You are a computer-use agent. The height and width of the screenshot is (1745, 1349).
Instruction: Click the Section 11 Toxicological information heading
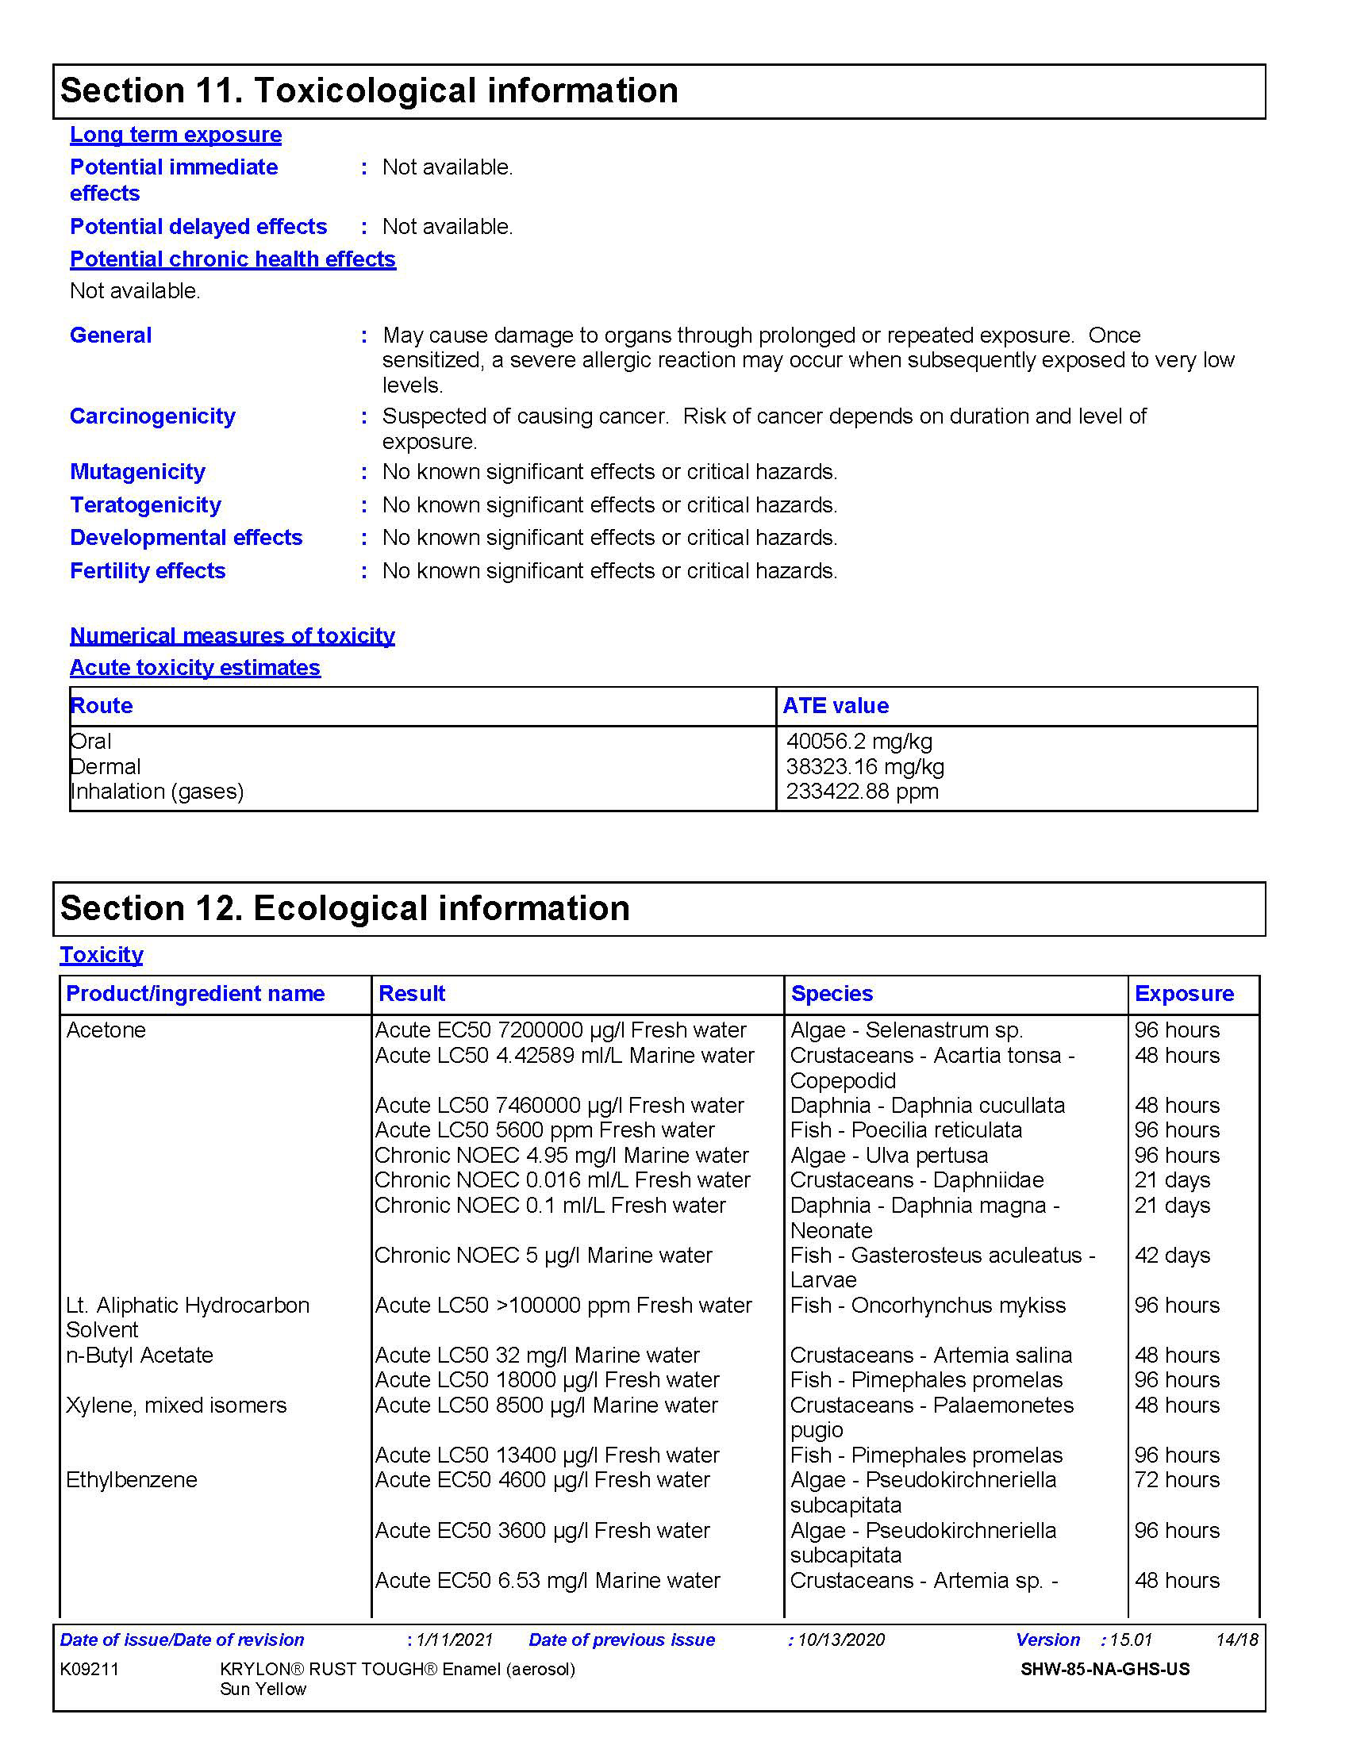(369, 90)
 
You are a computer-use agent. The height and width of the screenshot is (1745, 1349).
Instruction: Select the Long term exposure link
(176, 134)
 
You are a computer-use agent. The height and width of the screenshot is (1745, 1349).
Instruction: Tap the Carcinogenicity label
(152, 416)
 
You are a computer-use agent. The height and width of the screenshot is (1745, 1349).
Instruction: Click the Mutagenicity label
(137, 471)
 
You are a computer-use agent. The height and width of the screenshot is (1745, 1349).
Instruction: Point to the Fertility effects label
(148, 570)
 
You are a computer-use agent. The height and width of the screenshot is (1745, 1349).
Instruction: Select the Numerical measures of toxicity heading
(233, 635)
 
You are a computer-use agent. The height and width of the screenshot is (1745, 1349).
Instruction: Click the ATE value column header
(836, 705)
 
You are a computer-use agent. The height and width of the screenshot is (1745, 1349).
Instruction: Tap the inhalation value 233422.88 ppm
(863, 791)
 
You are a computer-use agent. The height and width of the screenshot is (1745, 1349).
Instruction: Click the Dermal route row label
(106, 767)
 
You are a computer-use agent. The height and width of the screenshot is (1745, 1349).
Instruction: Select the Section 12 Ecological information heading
(345, 908)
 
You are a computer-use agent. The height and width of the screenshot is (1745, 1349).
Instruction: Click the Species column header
(832, 993)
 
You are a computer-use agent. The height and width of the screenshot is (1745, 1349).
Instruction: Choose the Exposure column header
(1185, 993)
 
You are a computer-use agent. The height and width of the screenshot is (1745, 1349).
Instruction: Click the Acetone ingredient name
(106, 1030)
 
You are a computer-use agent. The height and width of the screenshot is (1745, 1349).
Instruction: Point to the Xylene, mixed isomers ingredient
(176, 1405)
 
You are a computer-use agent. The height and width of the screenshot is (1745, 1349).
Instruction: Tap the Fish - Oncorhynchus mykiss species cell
(928, 1305)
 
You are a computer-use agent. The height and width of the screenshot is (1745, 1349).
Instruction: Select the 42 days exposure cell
(1172, 1256)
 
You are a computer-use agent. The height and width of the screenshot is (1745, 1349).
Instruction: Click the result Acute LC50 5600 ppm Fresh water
(545, 1129)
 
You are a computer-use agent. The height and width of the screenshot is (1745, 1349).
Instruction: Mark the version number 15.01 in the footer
(1131, 1640)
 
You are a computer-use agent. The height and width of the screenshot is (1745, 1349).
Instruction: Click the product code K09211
(90, 1669)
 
